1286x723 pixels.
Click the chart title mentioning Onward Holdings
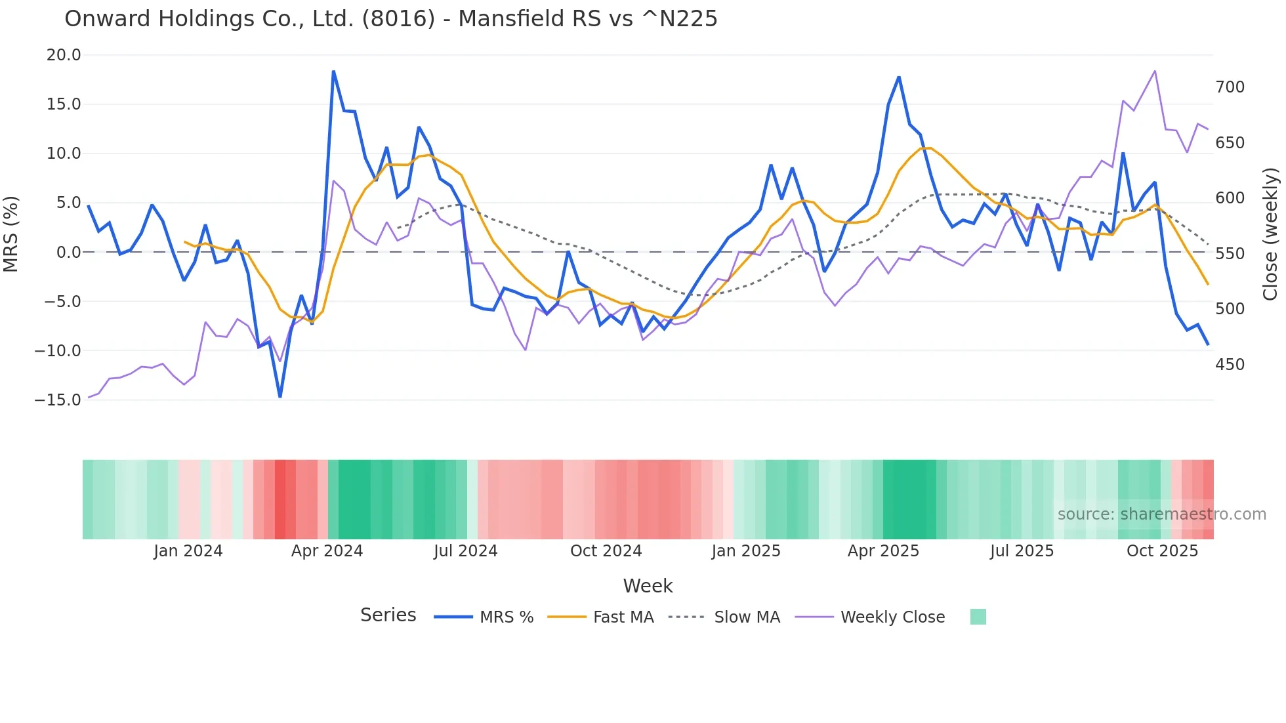coord(391,18)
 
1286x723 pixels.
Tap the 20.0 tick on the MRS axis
coord(64,55)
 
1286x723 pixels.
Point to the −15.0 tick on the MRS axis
coord(58,400)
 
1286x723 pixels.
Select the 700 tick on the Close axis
coord(1230,87)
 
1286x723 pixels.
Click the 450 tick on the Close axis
coord(1230,365)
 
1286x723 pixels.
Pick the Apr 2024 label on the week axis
coord(327,551)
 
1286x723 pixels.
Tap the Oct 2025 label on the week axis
coord(1162,551)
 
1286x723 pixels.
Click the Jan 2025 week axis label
coord(746,551)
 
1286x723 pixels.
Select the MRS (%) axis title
coord(11,234)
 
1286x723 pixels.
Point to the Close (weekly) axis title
coord(1271,234)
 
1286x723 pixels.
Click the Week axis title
coord(648,586)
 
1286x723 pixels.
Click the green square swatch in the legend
coord(978,617)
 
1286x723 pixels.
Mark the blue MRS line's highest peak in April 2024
coord(333,72)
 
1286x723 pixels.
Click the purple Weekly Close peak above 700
coord(1155,71)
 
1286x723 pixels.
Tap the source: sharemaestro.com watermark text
coord(1161,514)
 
